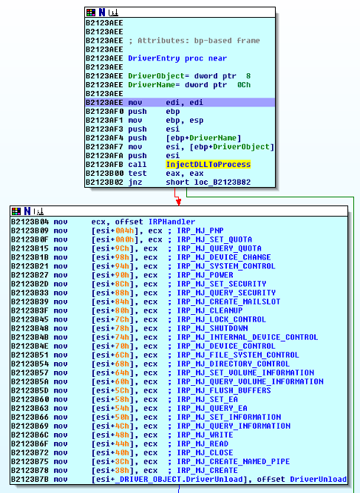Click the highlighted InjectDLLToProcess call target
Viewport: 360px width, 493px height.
tap(208, 164)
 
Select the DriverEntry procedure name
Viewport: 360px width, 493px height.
tap(154, 58)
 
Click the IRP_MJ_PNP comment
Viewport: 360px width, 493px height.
tap(200, 231)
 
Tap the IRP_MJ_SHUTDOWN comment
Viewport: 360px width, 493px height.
tap(212, 328)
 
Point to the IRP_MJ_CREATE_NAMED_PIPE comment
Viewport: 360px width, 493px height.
tap(233, 461)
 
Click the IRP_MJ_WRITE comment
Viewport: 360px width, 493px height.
tap(205, 435)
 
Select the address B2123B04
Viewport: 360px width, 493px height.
tap(30, 222)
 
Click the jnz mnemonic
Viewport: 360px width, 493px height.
tap(135, 183)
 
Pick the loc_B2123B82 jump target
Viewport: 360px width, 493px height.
tap(223, 183)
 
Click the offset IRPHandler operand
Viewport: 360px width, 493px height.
tap(155, 222)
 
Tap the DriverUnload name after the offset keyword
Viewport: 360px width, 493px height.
tap(318, 479)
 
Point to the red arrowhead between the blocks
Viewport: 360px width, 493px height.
tap(179, 203)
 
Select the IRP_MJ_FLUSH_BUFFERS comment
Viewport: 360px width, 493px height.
tap(223, 390)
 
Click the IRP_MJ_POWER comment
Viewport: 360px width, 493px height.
tap(205, 275)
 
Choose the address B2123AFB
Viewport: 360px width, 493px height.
tap(104, 164)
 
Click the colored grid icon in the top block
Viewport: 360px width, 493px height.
tap(91, 13)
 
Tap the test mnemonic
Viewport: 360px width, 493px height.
tap(137, 173)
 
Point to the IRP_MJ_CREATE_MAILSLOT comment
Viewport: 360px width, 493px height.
tap(228, 302)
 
